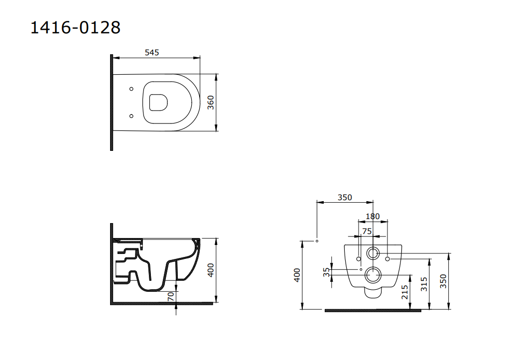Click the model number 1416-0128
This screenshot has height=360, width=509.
point(75,27)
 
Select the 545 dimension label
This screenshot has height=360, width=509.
point(152,53)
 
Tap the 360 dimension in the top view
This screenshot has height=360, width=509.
point(211,103)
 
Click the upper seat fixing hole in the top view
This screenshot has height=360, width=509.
point(131,89)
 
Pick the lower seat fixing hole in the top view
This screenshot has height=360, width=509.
point(131,116)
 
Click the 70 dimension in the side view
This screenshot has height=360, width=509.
point(171,296)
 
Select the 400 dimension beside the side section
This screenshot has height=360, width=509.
point(211,270)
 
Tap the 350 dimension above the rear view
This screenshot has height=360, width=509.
point(345,197)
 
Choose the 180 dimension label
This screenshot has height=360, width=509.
point(373,216)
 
